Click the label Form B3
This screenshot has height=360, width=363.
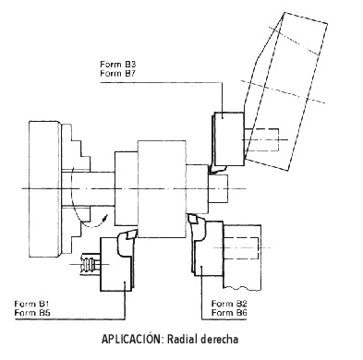118,65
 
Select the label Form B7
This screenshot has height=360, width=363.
118,74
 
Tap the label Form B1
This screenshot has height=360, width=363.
31,304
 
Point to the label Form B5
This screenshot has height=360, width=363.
32,313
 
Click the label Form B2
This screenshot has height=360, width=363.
229,304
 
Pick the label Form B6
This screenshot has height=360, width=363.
229,313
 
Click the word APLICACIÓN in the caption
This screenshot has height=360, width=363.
131,339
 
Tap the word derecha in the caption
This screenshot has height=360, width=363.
220,340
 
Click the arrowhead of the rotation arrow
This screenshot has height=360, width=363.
106,218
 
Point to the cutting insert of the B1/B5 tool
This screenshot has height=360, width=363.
130,234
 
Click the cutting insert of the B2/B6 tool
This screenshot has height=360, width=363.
194,219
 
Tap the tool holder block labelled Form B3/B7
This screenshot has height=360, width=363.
229,139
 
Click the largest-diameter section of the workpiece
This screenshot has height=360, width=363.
162,189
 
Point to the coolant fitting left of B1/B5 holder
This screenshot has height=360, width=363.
90,264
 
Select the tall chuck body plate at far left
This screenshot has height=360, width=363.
44,189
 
